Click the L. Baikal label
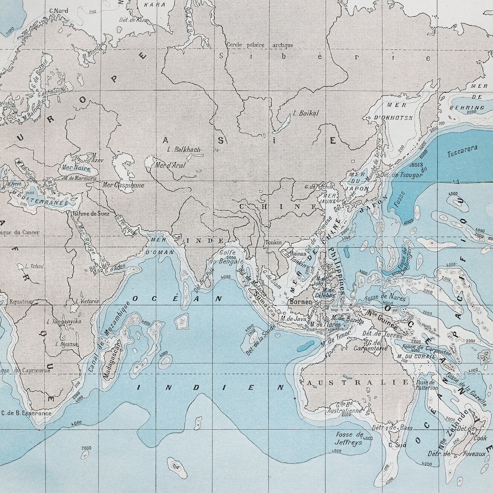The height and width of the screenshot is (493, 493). tap(306, 113)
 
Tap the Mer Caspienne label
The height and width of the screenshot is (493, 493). tap(123, 185)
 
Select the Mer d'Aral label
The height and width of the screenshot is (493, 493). tap(170, 165)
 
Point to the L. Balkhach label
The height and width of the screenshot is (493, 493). tap(184, 149)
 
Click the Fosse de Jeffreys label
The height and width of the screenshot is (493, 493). tap(349, 438)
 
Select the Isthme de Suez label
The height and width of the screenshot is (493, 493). tap(91, 213)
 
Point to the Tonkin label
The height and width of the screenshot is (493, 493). tap(273, 243)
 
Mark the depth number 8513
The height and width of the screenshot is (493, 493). tap(417, 165)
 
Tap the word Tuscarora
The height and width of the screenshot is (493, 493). tap(462, 148)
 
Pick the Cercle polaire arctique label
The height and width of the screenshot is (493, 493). tap(260, 45)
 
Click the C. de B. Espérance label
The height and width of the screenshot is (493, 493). tap(26, 413)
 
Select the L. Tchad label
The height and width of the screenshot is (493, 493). tap(34, 266)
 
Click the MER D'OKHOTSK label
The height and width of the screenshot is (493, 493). tap(393, 111)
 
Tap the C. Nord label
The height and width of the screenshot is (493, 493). tap(58, 11)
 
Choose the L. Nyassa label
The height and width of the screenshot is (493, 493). tap(67, 344)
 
